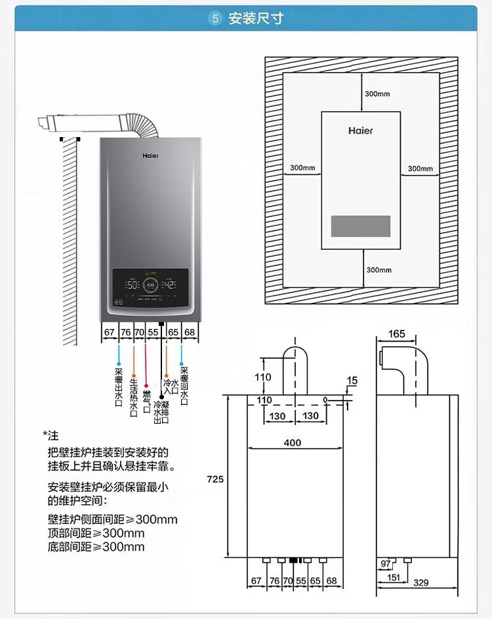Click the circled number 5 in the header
point(215,18)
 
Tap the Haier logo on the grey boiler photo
point(150,157)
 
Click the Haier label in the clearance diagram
point(360,130)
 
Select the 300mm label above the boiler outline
point(377,94)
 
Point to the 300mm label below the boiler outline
point(379,270)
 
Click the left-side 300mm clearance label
point(302,168)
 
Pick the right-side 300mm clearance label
point(420,169)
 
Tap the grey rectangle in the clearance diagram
point(360,226)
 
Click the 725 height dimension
point(216,479)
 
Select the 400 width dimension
point(293,443)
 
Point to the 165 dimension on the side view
point(397,334)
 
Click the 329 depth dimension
point(421,582)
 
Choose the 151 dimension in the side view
point(393,577)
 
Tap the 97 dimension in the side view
point(385,564)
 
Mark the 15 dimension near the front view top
point(352,380)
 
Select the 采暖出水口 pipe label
point(118,388)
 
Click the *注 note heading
point(51,436)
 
